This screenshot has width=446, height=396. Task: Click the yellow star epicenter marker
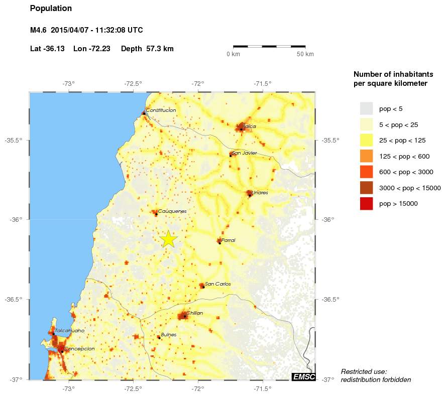pos(169,239)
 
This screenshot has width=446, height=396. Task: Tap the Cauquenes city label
pos(172,211)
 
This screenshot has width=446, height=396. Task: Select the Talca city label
pos(250,126)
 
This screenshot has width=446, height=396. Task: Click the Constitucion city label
pos(161,110)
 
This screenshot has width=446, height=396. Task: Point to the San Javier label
pos(244,153)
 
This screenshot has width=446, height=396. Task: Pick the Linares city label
pos(260,192)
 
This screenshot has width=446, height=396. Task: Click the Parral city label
pos(228,240)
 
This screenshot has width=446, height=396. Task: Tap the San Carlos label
pos(217,284)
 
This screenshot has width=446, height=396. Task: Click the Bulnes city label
pos(169,334)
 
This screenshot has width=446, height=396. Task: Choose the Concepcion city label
pos(79,348)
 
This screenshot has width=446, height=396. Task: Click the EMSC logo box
pos(303,377)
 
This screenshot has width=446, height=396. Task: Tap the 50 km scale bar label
pos(305,54)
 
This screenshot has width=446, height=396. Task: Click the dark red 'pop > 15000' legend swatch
pos(366,204)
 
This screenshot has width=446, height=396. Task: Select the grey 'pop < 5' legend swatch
pos(366,108)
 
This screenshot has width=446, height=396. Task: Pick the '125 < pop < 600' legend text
pos(404,157)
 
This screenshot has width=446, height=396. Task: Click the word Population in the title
pos(51,9)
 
